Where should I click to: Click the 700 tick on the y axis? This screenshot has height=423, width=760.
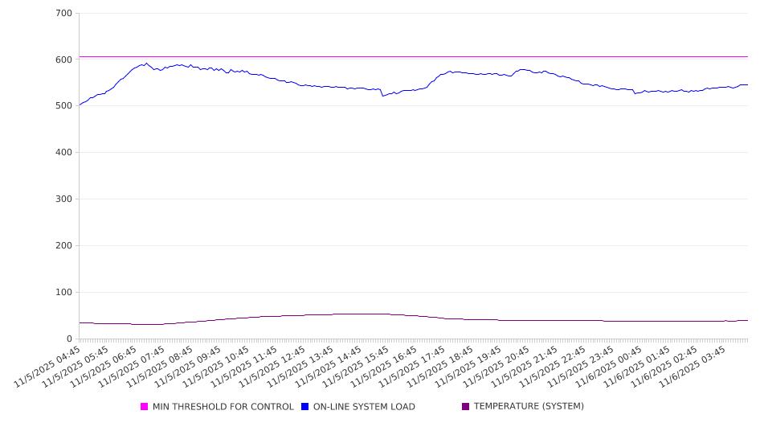pyautogui.click(x=64, y=13)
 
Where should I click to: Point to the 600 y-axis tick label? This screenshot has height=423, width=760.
pyautogui.click(x=64, y=60)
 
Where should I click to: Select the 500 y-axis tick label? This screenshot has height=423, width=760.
pyautogui.click(x=64, y=106)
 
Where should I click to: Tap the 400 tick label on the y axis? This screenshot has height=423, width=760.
pyautogui.click(x=64, y=153)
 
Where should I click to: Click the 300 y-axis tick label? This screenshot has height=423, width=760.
pyautogui.click(x=64, y=199)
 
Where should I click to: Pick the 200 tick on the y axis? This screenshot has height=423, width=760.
pyautogui.click(x=64, y=246)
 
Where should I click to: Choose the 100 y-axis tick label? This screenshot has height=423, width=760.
pyautogui.click(x=64, y=293)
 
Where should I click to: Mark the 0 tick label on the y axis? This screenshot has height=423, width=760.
pyautogui.click(x=70, y=339)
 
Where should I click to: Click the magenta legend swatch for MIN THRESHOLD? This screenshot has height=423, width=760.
pyautogui.click(x=145, y=407)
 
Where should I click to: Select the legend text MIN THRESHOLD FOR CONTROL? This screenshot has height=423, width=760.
pyautogui.click(x=223, y=407)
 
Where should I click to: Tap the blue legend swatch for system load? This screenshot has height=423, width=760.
pyautogui.click(x=305, y=407)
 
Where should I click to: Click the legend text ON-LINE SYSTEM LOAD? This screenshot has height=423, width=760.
pyautogui.click(x=364, y=407)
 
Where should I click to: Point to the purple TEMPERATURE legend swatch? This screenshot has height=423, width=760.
pyautogui.click(x=466, y=407)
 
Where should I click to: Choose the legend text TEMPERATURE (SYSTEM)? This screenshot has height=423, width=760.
pyautogui.click(x=529, y=407)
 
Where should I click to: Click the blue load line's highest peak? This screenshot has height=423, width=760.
pyautogui.click(x=146, y=63)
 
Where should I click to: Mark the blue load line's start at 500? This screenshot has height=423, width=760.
pyautogui.click(x=80, y=105)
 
